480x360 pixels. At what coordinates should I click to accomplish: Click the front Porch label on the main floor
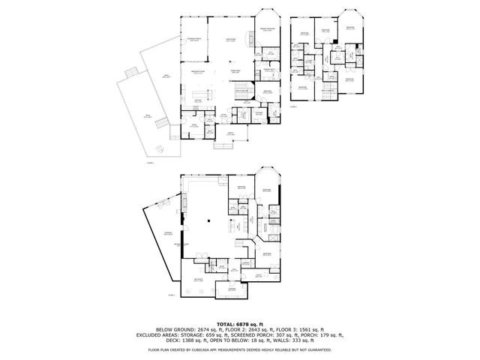click(230, 133)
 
